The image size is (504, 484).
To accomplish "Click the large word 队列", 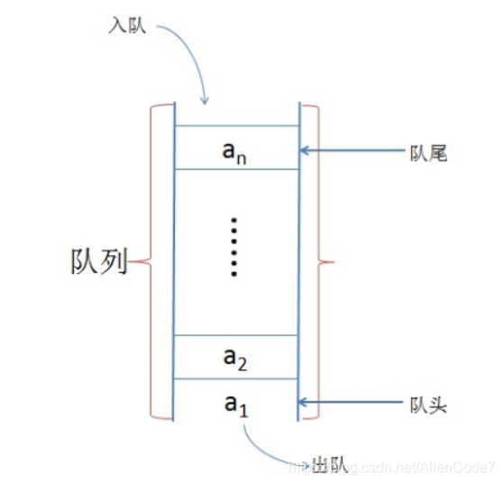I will [x=97, y=263].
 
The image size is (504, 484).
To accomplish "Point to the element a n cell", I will [x=236, y=148].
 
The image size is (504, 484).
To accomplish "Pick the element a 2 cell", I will [x=236, y=357].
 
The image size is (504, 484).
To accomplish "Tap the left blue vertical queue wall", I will [x=174, y=261].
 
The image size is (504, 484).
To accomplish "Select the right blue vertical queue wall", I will [x=298, y=261].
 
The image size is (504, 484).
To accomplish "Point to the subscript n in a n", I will [x=243, y=157].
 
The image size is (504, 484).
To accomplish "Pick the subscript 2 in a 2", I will [x=243, y=365].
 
